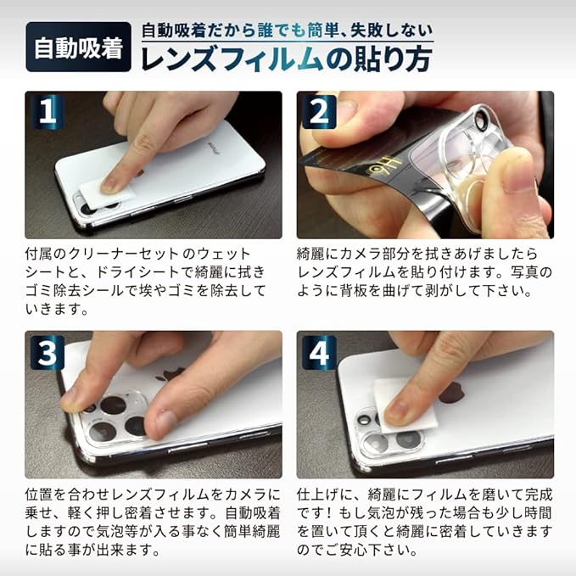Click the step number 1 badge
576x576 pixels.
48,112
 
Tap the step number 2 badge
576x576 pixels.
319,112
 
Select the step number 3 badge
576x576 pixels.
48,352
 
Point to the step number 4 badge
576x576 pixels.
319,352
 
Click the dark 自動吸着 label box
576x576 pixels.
79,47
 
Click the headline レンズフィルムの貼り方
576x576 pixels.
287,59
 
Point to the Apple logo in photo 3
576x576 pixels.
169,375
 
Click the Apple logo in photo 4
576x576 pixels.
451,394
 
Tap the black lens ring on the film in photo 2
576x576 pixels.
479,118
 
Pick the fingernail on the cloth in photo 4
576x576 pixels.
398,411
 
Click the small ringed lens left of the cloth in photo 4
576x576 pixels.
365,420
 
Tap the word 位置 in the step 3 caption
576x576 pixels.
39,494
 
